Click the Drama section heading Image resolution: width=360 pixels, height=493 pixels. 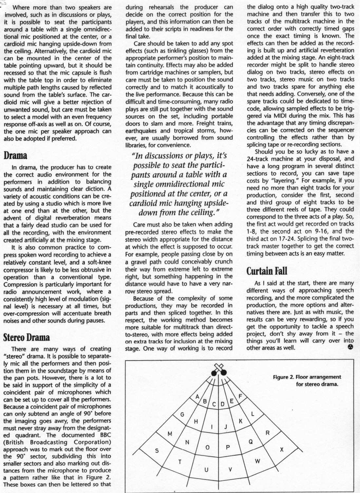point(15,155)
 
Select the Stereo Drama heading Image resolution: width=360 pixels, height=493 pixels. point(27,337)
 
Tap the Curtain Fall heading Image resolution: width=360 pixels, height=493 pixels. point(267,271)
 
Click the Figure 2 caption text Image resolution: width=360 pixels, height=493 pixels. point(307,381)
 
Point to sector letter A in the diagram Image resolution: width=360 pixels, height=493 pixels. point(197,397)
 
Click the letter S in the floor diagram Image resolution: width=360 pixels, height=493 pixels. point(157,451)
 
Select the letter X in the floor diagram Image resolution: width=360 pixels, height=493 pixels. point(282,450)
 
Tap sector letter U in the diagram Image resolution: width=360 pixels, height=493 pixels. point(206,469)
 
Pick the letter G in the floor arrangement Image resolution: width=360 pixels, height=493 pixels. point(182,415)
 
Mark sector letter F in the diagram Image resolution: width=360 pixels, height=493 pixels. point(240,396)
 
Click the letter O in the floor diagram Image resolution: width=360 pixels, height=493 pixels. point(207,447)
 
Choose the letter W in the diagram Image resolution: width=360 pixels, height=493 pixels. point(257,461)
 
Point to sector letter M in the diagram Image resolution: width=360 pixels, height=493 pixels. point(170,434)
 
